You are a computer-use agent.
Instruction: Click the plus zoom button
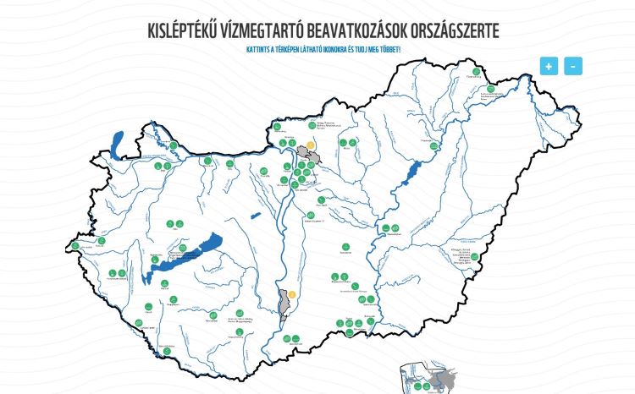coord(549,65)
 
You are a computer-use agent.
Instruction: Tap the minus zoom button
coord(573,65)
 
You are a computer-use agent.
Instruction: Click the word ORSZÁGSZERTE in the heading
coord(455,31)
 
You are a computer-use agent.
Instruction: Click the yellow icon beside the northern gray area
coord(311,145)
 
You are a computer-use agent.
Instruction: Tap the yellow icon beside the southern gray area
coord(292,294)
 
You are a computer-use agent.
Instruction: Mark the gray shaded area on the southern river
coord(283,302)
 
